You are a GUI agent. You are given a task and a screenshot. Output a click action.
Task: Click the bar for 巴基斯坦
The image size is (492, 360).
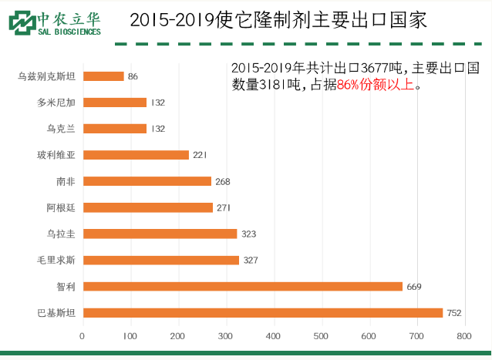point(262,312)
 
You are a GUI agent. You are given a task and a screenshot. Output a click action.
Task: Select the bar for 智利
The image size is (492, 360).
point(242,286)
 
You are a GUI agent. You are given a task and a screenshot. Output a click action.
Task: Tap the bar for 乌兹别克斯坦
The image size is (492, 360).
point(103,76)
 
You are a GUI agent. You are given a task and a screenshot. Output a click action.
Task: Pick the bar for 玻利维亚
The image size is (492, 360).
point(136,155)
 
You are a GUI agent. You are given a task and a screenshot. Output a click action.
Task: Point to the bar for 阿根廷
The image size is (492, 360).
point(147,207)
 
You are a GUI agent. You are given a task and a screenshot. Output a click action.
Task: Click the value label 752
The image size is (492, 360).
point(454,313)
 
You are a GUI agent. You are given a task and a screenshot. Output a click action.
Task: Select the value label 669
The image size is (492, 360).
point(414,287)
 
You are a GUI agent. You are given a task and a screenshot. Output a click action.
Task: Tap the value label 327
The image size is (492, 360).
point(251,261)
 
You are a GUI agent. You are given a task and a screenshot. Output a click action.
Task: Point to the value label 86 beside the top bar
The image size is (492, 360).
point(133,76)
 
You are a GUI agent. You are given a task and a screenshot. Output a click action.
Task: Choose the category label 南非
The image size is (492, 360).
point(66,181)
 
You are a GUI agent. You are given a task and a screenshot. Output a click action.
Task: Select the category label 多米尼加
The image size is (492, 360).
point(56,103)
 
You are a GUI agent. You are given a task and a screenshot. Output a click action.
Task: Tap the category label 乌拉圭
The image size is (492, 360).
point(61,234)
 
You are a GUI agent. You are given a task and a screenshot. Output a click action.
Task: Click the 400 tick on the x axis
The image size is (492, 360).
point(273,336)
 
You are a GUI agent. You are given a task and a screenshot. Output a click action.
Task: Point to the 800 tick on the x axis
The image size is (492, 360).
point(463,336)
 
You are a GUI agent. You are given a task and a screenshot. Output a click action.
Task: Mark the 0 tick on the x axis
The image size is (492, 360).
point(83,336)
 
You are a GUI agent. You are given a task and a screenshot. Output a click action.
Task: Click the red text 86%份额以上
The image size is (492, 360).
point(379,86)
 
